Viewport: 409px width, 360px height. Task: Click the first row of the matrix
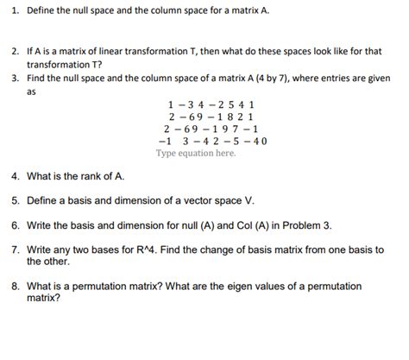coord(204,105)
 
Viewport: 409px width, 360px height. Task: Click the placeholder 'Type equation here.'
coord(195,154)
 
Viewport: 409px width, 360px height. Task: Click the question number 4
coord(14,176)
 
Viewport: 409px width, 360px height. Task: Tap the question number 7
coord(14,249)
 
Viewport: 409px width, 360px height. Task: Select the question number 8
coord(14,286)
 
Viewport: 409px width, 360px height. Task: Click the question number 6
coord(14,224)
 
